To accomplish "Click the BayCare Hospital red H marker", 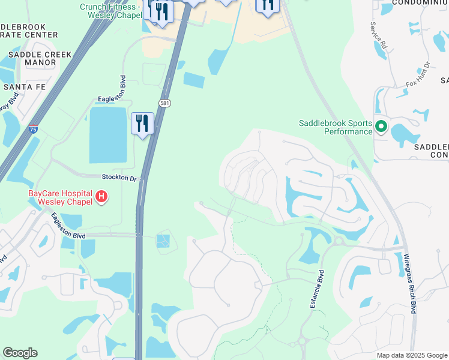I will coord(101,196).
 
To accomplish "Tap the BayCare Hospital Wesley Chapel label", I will coord(60,197).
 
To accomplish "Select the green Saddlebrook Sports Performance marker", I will coord(381,127).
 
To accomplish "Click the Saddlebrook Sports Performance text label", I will coord(336,127).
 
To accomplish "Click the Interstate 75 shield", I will coord(34,129).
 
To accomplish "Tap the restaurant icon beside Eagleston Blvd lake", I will coord(142,124).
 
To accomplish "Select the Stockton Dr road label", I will coord(119,178).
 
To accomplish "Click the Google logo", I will coord(20,353).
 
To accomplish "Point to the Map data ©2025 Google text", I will coord(412,355).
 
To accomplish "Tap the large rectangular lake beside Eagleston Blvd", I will coord(108,135).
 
